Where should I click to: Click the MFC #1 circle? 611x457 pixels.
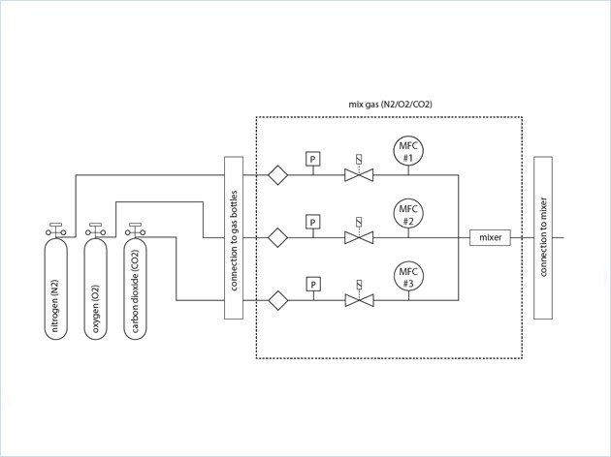(408, 151)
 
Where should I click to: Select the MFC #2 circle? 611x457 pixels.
(408, 214)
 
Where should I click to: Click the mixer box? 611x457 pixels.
(489, 237)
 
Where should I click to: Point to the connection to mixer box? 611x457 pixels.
(542, 237)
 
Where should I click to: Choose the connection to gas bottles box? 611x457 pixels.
(232, 237)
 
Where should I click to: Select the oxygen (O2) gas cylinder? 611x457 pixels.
(95, 290)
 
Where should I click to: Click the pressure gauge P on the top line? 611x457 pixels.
(312, 159)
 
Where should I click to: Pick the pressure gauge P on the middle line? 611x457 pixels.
(312, 222)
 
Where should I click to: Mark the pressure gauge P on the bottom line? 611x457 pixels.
(312, 284)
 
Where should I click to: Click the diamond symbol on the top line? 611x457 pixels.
(278, 175)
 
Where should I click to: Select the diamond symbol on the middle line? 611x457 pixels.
(278, 237)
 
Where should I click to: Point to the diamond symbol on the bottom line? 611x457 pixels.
(278, 300)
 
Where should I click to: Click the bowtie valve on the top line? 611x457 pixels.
(359, 175)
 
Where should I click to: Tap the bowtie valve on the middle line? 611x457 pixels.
(359, 237)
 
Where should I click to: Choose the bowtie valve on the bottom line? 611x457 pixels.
(359, 300)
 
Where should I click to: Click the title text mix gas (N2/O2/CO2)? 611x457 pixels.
(390, 103)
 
